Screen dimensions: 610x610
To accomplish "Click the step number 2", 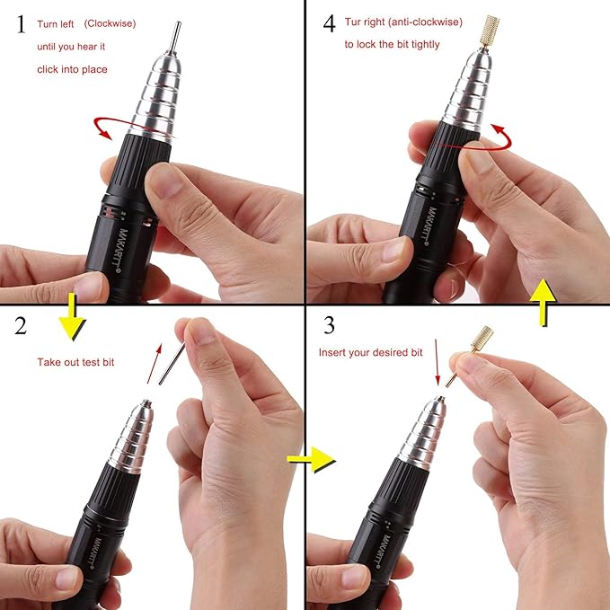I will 21,325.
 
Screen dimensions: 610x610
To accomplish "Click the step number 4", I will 330,24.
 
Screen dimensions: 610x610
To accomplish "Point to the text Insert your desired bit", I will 370,352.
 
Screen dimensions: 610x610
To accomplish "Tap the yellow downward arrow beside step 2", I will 75,322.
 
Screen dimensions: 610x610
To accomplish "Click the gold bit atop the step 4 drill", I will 491,29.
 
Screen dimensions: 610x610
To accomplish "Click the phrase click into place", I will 72,68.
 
